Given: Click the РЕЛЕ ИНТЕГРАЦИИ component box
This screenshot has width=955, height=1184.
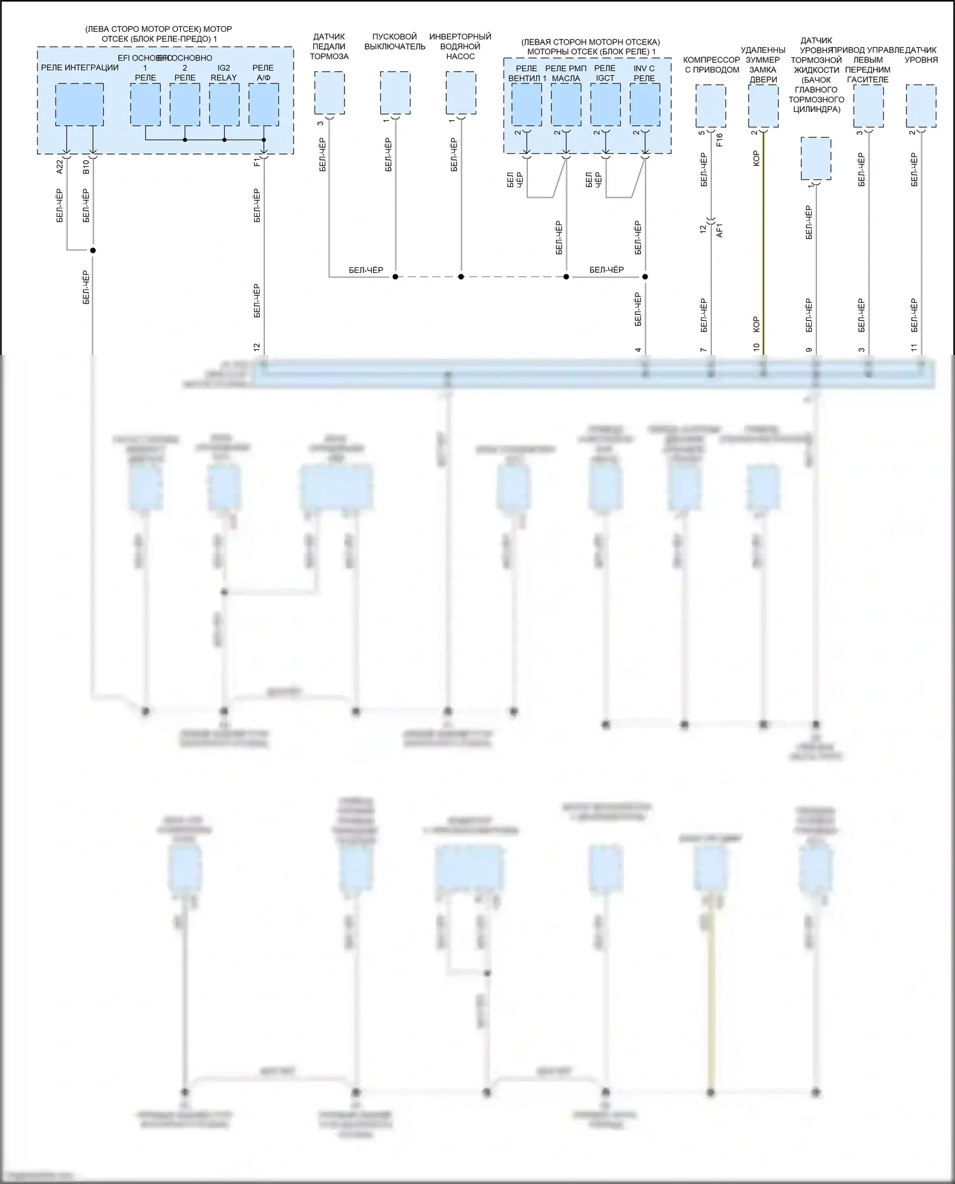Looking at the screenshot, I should point(80,104).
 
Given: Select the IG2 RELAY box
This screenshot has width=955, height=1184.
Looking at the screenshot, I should point(224,104).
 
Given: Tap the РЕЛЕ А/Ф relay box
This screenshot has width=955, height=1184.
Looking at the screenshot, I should point(264,104).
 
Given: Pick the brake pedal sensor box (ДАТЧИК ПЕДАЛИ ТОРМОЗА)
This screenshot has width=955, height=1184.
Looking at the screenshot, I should point(329,93).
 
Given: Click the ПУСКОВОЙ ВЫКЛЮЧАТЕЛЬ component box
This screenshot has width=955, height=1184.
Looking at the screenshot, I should point(395,93).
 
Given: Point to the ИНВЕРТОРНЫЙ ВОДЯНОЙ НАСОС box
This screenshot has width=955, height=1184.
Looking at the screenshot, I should point(461,93).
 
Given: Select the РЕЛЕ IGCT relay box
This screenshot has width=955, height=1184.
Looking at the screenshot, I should point(605,104).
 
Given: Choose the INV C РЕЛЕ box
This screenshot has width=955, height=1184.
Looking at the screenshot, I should point(645,104).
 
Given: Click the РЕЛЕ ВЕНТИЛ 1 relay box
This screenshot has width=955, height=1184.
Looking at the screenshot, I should point(527,104).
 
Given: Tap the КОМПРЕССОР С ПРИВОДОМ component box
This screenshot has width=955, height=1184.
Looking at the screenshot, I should point(711,106).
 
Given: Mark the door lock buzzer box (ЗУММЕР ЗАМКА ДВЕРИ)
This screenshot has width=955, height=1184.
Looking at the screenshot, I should point(763,106).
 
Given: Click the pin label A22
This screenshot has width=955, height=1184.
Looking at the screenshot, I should point(60,167).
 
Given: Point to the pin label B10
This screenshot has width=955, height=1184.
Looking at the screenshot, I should point(86,167).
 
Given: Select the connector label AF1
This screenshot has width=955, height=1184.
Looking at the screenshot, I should point(720,230).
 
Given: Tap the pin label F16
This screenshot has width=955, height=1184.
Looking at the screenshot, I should point(719,140).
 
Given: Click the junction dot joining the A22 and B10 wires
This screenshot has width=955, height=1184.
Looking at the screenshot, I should point(93,250).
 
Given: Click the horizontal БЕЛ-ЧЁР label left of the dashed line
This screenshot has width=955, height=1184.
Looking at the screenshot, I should point(366,270).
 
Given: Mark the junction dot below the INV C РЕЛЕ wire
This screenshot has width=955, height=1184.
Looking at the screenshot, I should point(645,277).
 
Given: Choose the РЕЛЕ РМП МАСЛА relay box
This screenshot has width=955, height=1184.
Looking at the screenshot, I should point(566,104).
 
